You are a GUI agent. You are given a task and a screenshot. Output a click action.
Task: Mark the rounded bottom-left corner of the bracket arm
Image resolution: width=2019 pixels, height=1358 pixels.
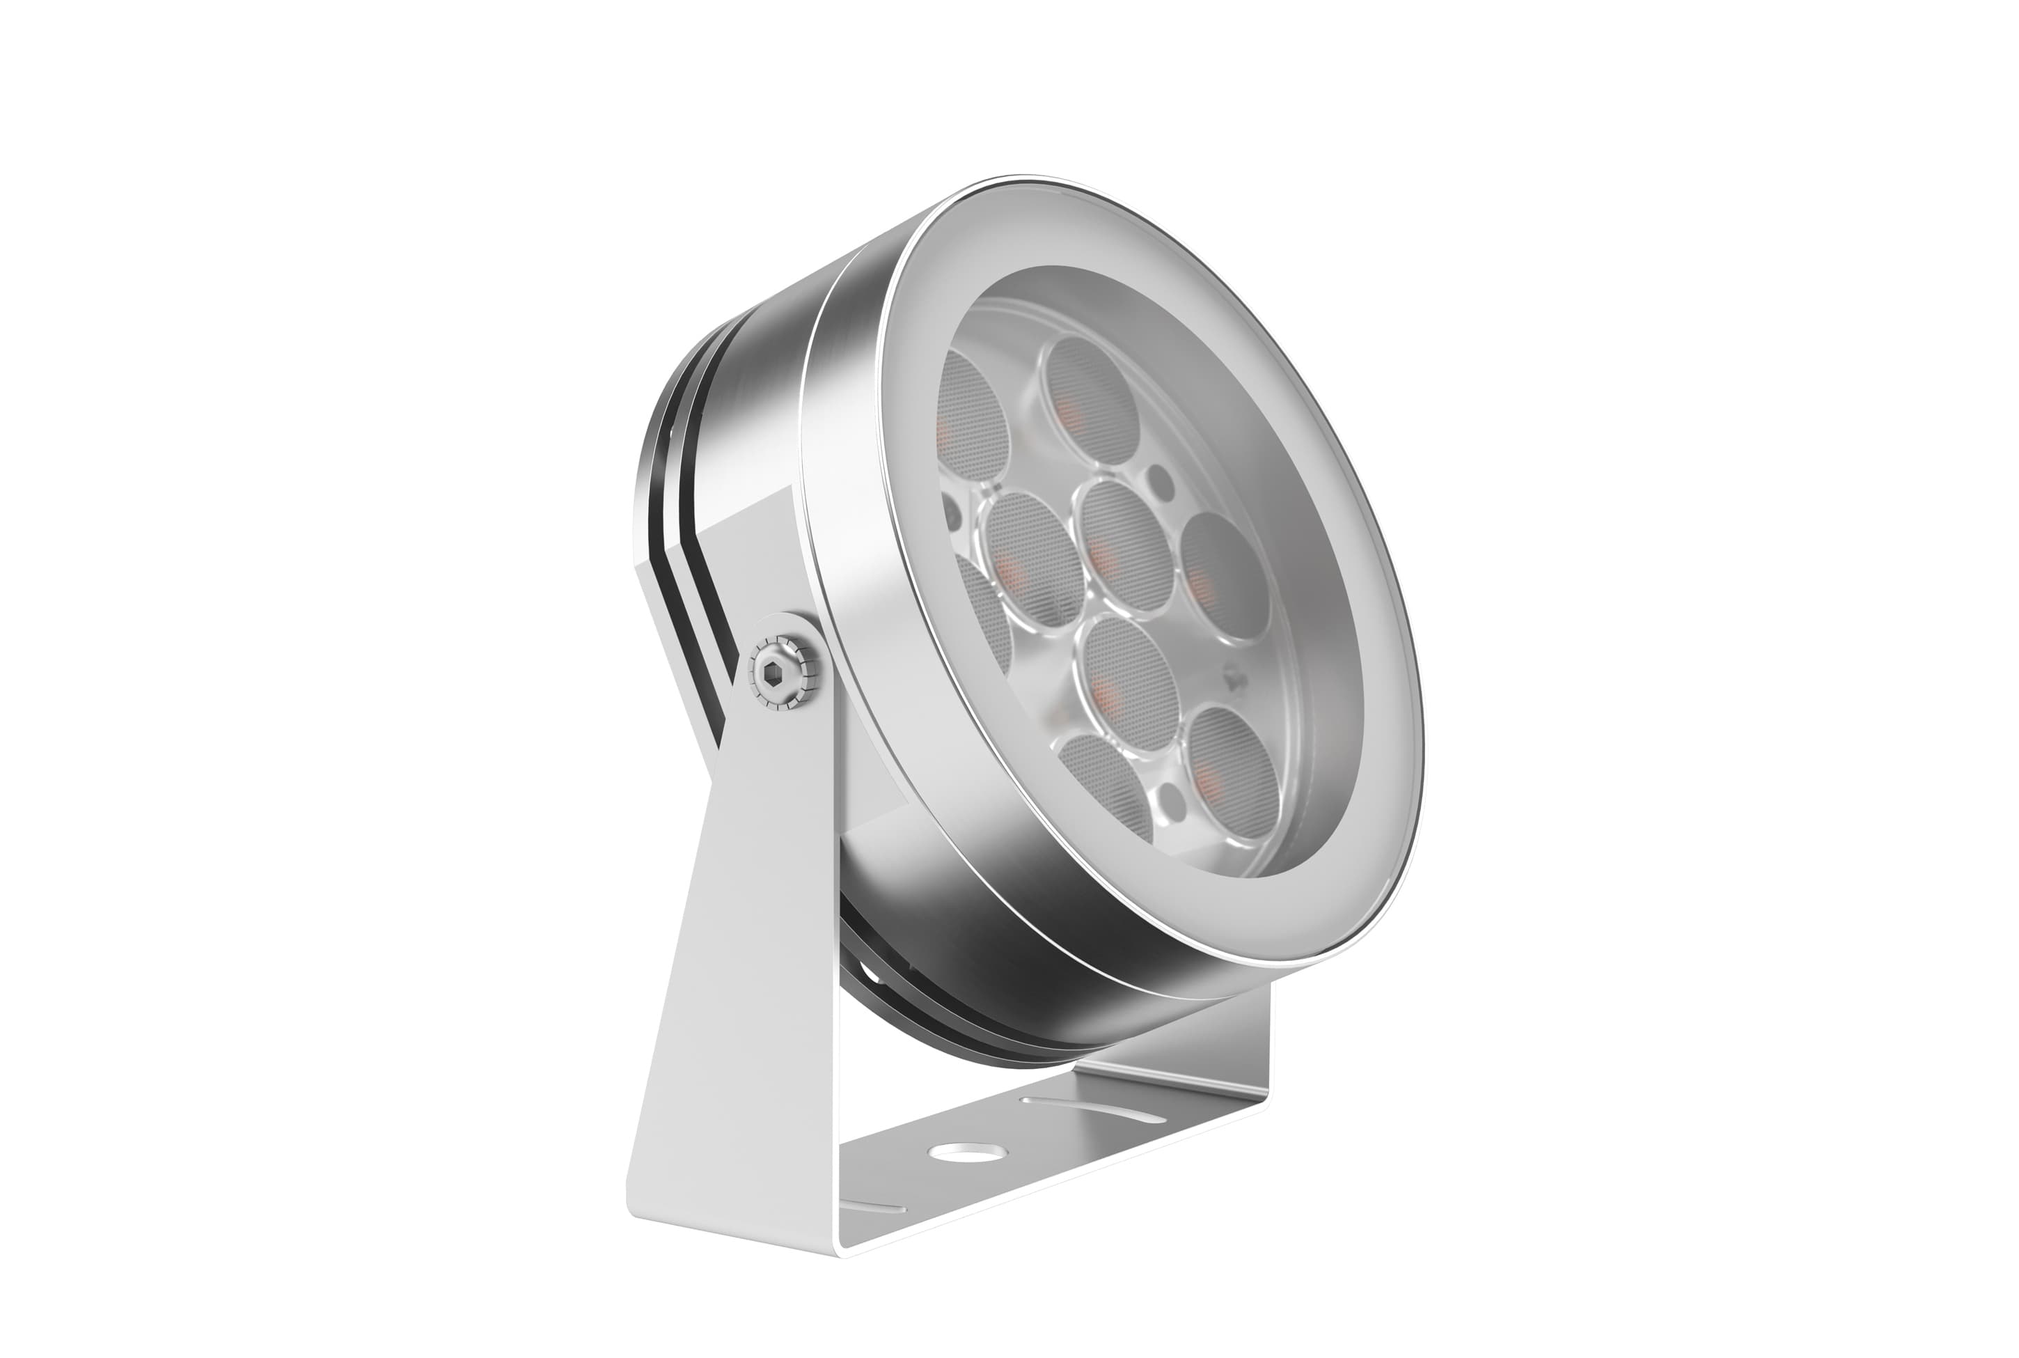click(645, 1208)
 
